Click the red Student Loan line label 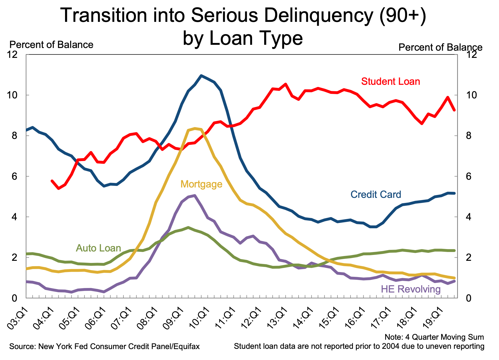(391, 81)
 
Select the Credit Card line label (376, 194)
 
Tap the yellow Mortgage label (201, 184)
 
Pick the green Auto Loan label (99, 248)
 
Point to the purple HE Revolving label (411, 289)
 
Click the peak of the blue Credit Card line (201, 75)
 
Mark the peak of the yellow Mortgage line (195, 129)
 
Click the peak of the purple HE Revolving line (195, 195)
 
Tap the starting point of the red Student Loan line (52, 181)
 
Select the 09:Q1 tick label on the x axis (175, 316)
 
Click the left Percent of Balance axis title (51, 45)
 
